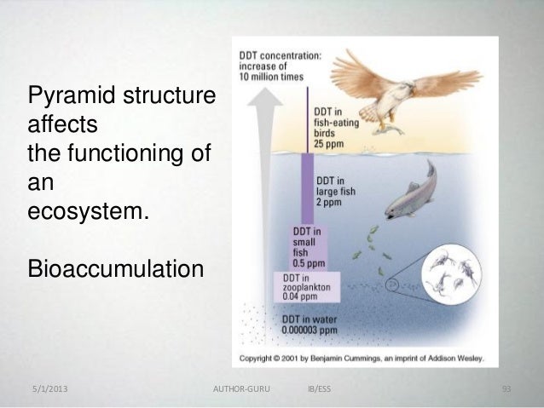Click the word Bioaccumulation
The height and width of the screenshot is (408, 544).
coord(116,270)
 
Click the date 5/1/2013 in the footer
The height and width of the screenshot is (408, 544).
coord(49,390)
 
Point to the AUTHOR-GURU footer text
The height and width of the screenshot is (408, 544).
coord(240,390)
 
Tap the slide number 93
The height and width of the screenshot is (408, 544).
coord(506,390)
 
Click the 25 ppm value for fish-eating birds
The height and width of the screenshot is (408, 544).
coord(330,141)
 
